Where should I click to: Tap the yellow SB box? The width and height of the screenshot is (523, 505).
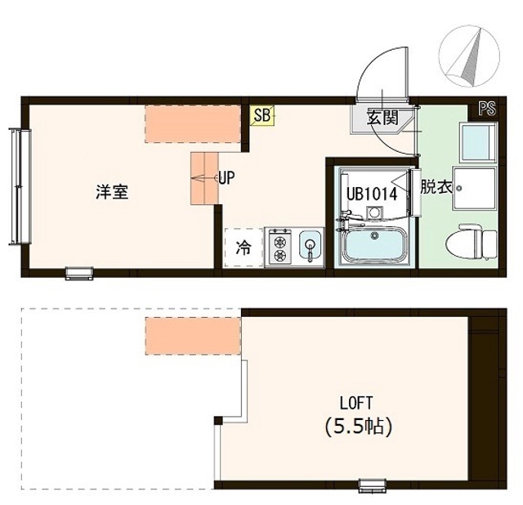[x=261, y=116]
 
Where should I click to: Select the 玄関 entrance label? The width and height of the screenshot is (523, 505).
[x=381, y=118]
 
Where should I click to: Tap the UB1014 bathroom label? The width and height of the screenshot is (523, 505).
[x=371, y=194]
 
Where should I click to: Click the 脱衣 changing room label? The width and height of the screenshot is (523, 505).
[x=436, y=186]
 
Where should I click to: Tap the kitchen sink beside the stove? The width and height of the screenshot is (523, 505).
[x=310, y=245]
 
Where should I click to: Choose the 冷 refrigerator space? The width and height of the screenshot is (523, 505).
[x=244, y=246]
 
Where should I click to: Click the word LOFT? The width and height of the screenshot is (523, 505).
[x=356, y=402]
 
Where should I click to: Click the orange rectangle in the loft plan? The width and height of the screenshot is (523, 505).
[x=193, y=335]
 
